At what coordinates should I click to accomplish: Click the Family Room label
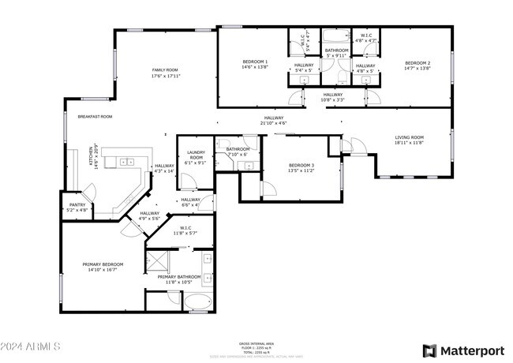pyautogui.click(x=167, y=70)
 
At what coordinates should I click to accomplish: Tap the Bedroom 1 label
pyautogui.click(x=255, y=62)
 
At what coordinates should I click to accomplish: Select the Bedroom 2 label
pyautogui.click(x=418, y=62)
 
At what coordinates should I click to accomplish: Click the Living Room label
pyautogui.click(x=410, y=137)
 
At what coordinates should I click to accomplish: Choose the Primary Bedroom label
pyautogui.click(x=100, y=264)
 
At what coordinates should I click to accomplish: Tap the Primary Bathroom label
pyautogui.click(x=179, y=277)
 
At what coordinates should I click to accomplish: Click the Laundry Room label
pyautogui.click(x=196, y=155)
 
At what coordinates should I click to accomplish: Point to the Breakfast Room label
pyautogui.click(x=95, y=116)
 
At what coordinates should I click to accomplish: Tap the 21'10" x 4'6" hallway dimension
pyautogui.click(x=274, y=123)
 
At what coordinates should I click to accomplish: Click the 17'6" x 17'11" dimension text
pyautogui.click(x=167, y=77)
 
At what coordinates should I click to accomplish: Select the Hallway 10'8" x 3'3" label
pyautogui.click(x=332, y=95)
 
